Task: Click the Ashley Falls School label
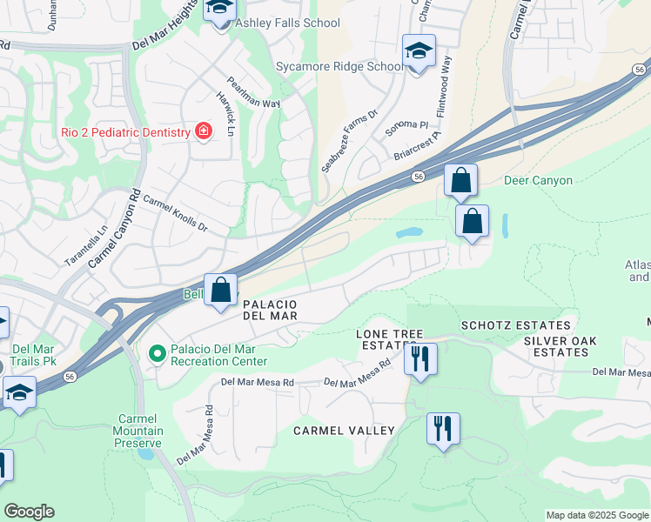coord(286,23)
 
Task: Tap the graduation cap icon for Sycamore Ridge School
coord(419,51)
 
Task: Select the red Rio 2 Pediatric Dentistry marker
coord(204,131)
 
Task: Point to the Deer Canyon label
coord(539,181)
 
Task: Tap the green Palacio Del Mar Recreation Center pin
coord(157,354)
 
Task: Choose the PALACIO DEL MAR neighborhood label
coord(270,311)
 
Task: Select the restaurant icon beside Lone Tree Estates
coord(420,358)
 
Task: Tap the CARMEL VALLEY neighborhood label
coord(344,431)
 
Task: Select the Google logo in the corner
coord(29,512)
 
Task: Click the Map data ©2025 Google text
coord(597,515)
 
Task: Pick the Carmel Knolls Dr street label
coord(176,214)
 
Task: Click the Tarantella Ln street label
coord(85,246)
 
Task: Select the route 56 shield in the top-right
coord(640,69)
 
